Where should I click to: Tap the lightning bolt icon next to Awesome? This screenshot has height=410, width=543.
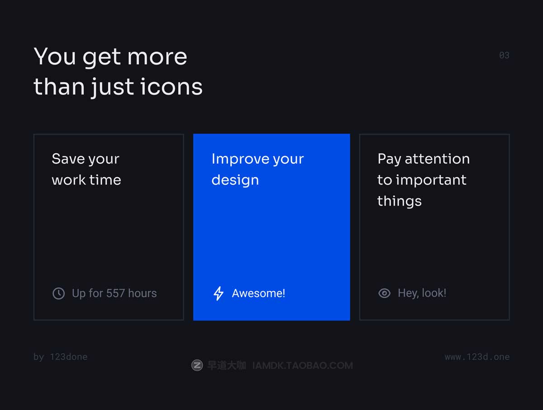click(x=219, y=293)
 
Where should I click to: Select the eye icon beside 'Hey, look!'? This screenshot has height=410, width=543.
click(x=385, y=293)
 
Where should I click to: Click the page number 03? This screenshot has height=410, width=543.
click(x=504, y=55)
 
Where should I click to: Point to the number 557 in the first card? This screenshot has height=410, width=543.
click(x=115, y=293)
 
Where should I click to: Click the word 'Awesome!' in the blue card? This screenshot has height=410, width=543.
click(x=258, y=293)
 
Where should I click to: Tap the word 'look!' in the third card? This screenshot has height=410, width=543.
click(x=434, y=293)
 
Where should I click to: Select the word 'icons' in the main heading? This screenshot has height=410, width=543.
click(x=171, y=86)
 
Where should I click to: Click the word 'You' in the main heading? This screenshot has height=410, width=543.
click(x=55, y=57)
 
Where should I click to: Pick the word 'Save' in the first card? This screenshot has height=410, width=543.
click(x=68, y=159)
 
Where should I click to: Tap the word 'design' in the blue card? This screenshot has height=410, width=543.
click(x=235, y=180)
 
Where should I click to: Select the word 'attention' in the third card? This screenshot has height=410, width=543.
click(x=437, y=159)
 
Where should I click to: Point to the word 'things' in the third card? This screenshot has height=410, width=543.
click(x=400, y=201)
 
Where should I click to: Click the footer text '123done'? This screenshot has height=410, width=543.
click(x=69, y=357)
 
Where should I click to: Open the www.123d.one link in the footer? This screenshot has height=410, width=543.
click(x=477, y=357)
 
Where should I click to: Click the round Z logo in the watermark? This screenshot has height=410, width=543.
click(x=197, y=365)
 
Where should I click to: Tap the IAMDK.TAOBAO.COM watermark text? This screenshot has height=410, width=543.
click(x=303, y=366)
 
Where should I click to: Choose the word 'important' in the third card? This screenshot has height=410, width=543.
click(x=431, y=180)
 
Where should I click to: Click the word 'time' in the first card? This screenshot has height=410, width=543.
click(x=105, y=180)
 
